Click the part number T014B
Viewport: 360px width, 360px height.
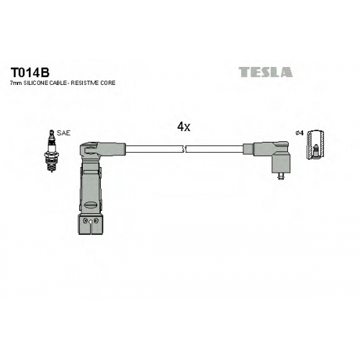click(x=30, y=72)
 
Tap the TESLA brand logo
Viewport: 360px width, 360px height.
click(x=266, y=72)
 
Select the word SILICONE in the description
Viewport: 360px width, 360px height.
click(x=33, y=83)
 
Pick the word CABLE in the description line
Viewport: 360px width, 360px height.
click(x=58, y=83)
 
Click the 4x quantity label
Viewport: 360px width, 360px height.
click(x=184, y=127)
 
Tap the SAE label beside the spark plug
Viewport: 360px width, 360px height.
click(x=63, y=133)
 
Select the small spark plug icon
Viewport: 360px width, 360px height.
click(x=52, y=151)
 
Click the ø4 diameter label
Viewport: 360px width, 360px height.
click(x=300, y=133)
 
